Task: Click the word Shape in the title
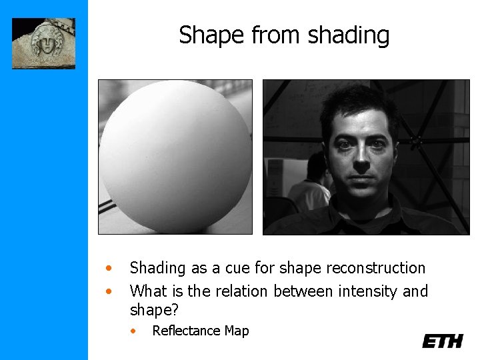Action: (x=203, y=35)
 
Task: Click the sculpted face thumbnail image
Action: (x=43, y=43)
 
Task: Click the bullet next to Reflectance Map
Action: (x=134, y=331)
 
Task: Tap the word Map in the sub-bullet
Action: (x=237, y=331)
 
